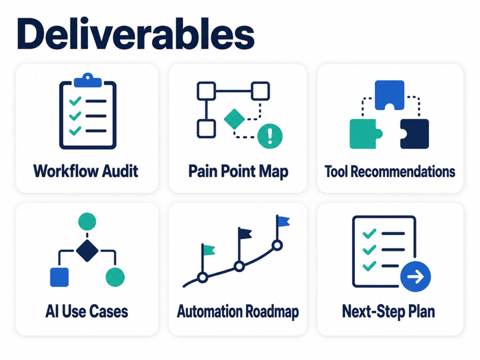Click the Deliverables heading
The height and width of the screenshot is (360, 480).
136,34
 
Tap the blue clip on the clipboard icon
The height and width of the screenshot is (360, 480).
88,80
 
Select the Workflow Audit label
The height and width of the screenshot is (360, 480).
86,171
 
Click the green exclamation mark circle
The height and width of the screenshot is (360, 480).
270,136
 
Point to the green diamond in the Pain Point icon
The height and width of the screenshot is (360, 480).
235,119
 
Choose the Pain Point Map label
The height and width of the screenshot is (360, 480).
238,171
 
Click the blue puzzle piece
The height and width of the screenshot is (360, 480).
389,95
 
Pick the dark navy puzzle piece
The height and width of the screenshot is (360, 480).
415,134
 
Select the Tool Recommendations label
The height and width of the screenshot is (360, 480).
390,171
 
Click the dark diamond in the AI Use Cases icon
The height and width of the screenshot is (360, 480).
87,251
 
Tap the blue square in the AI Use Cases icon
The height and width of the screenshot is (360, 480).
60,277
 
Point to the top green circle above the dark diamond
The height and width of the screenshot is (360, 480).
87,222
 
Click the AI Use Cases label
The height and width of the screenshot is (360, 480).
86,312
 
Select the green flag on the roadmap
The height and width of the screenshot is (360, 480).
208,250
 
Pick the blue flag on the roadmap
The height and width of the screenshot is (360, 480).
283,221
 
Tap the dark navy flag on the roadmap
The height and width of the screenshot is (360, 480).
245,234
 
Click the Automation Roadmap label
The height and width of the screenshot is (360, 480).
238,312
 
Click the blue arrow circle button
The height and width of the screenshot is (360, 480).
415,277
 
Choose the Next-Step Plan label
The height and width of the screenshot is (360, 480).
388,312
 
